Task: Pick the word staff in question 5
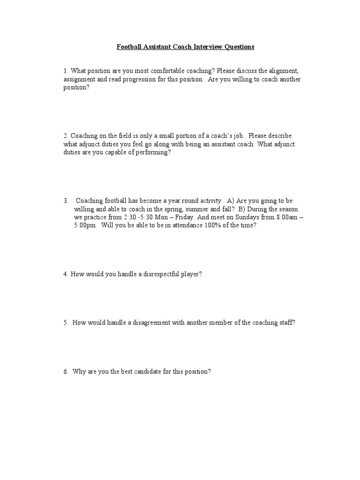(x=287, y=323)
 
